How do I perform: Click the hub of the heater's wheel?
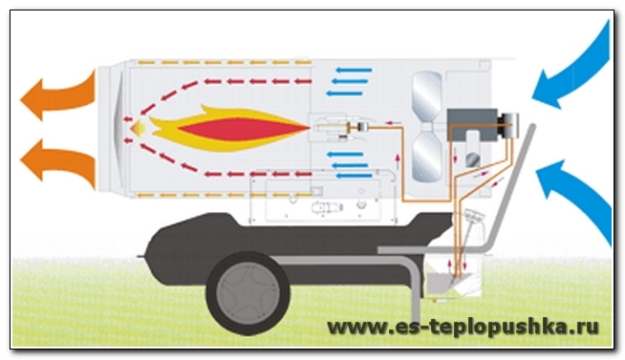[x=248, y=293]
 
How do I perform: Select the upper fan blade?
[x=427, y=96]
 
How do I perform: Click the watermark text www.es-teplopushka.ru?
[x=463, y=328]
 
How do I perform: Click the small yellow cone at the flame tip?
[x=138, y=128]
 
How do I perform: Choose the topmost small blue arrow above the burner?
[x=354, y=70]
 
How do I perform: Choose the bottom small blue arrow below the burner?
[x=355, y=176]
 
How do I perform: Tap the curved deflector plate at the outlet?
[x=117, y=127]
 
